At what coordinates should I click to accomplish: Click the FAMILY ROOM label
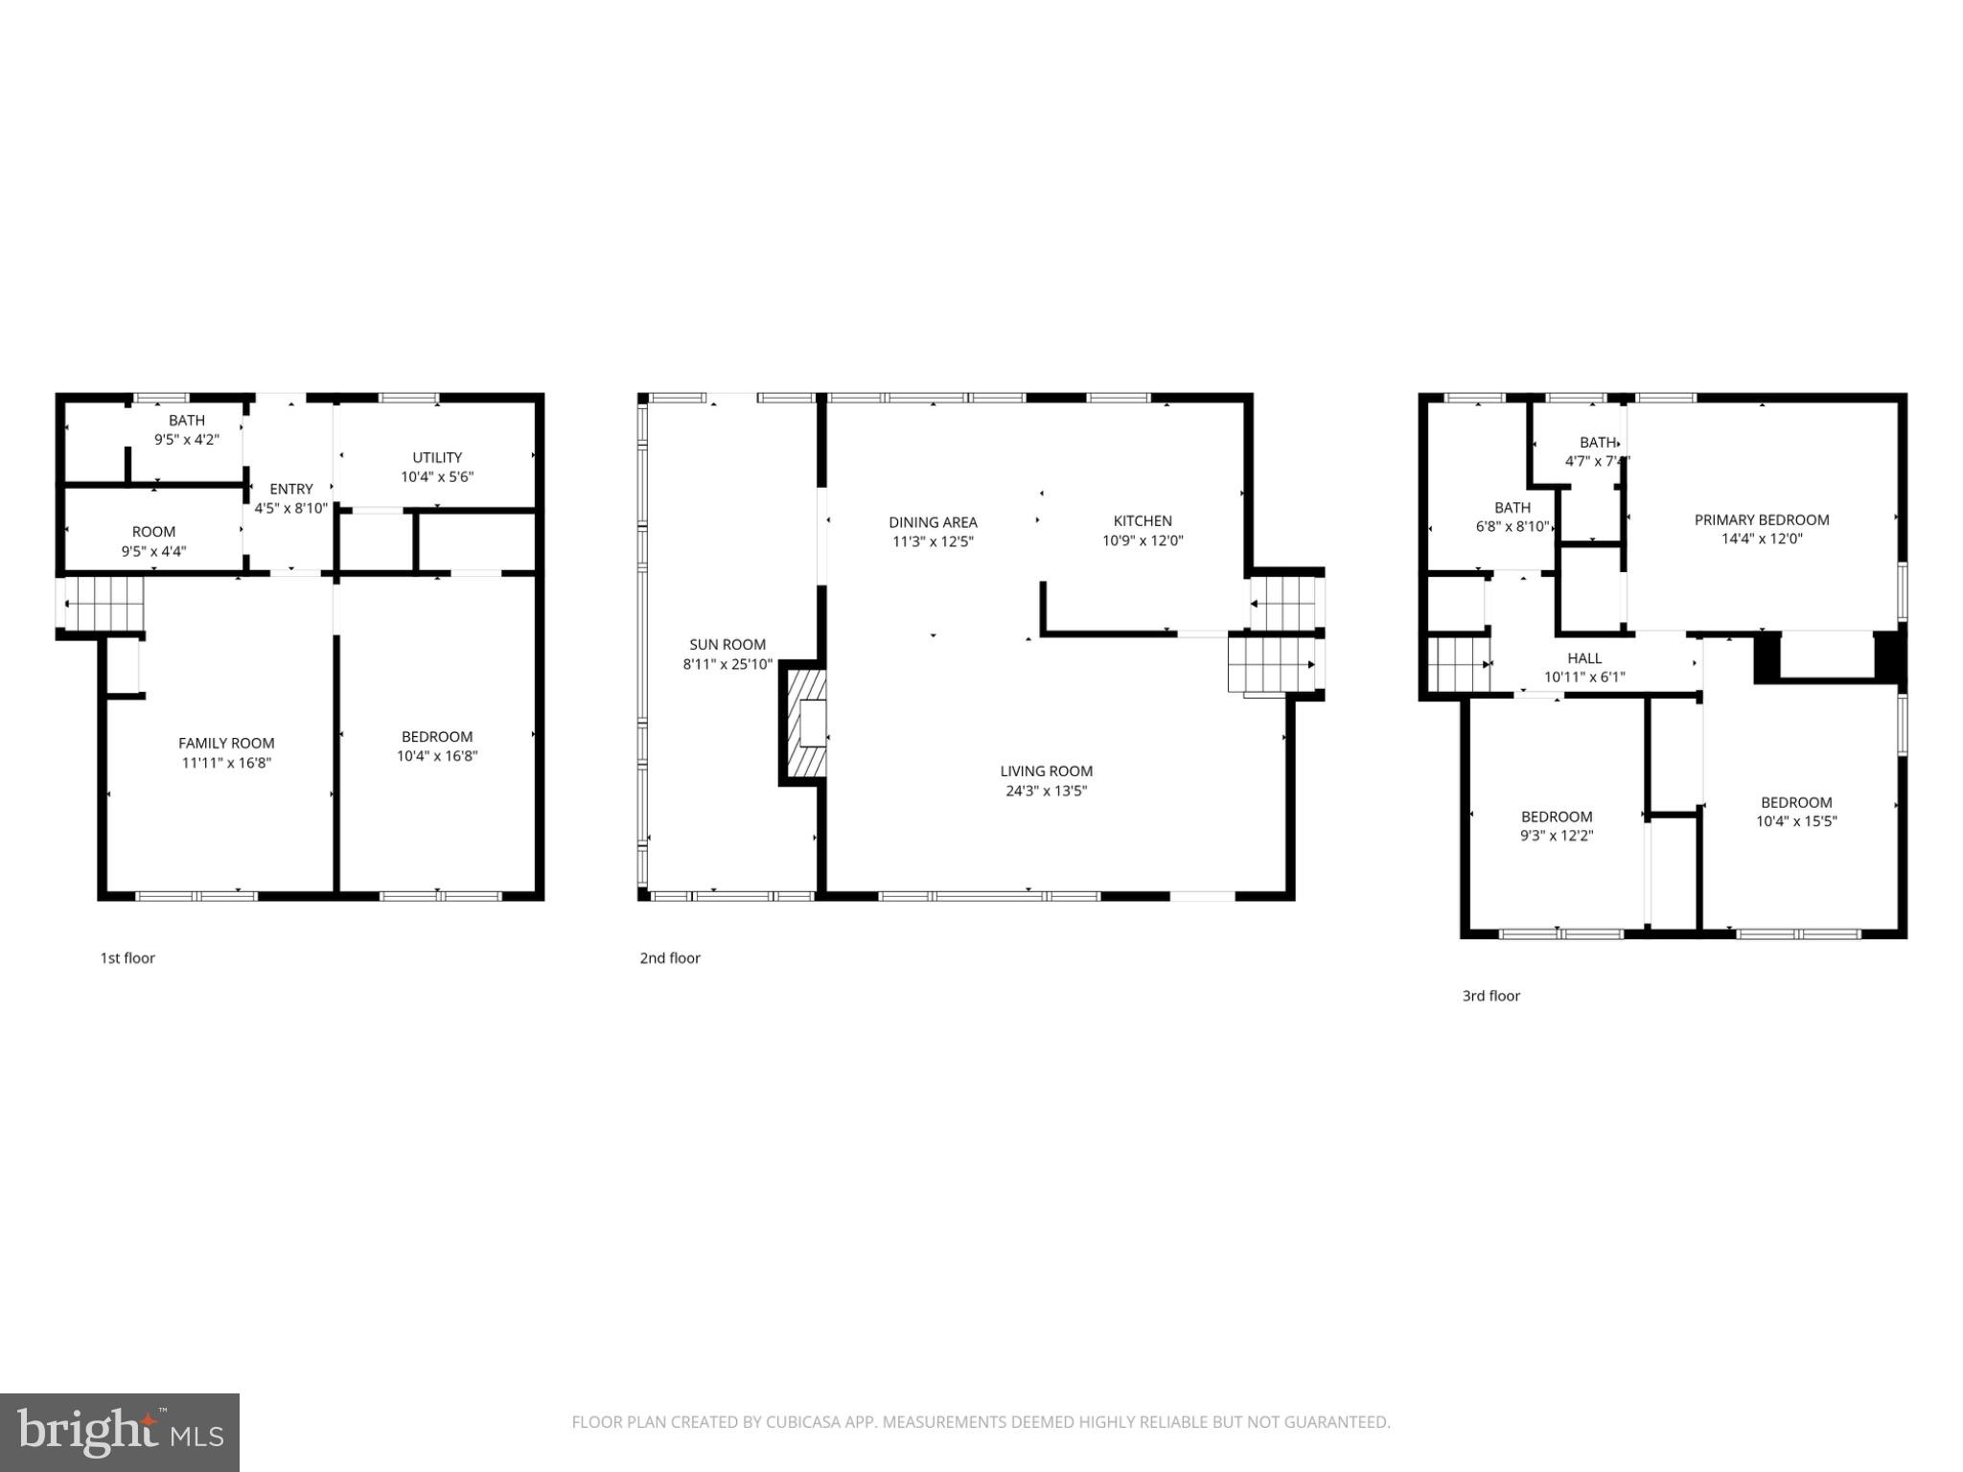tap(226, 743)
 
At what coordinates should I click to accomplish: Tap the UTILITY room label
tap(437, 457)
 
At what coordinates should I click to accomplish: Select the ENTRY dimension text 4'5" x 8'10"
tap(290, 508)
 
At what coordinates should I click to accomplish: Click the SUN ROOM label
tap(727, 644)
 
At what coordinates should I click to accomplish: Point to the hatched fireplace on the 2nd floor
tap(803, 724)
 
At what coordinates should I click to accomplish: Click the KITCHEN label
tap(1143, 520)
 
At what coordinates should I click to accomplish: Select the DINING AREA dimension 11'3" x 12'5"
tap(933, 541)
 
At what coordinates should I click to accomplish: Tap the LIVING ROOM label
tap(1046, 770)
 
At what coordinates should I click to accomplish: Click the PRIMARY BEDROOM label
tap(1761, 519)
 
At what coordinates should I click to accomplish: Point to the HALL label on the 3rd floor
tap(1584, 658)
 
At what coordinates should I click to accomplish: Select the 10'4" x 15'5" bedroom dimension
tap(1796, 821)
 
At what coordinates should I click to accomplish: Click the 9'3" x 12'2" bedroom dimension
tap(1557, 836)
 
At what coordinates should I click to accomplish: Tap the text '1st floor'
tap(127, 957)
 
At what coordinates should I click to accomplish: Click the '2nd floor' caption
tap(670, 957)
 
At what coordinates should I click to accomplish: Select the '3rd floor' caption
tap(1490, 996)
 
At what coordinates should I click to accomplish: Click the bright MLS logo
tap(119, 1432)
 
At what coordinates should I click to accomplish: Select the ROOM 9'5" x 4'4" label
tap(153, 540)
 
